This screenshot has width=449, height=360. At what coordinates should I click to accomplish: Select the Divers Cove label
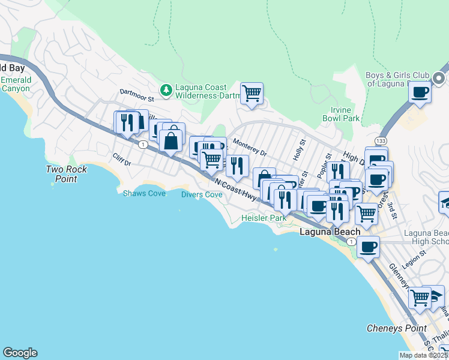[202, 194]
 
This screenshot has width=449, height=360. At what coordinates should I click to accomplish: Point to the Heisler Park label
[264, 218]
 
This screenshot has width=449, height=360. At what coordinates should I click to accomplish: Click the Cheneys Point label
[396, 328]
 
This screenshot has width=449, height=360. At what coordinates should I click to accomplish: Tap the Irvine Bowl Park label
[345, 114]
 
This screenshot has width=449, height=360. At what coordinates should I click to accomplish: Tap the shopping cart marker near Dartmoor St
[252, 93]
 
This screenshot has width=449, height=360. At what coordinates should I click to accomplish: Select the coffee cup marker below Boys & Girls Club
[420, 93]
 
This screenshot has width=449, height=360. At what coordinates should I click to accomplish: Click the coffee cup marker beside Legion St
[369, 246]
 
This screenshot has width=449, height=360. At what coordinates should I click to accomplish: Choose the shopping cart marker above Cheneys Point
[420, 297]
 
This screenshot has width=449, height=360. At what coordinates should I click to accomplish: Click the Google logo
[20, 353]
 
